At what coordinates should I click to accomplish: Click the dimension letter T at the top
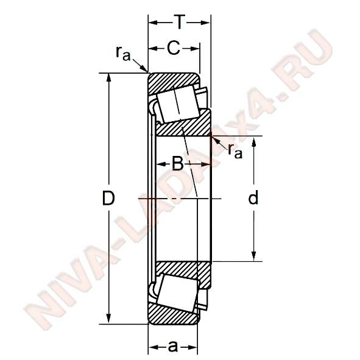179,22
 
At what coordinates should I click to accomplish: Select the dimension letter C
174,48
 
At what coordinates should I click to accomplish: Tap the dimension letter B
178,164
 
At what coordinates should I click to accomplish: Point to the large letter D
108,198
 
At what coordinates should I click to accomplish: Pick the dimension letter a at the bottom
173,347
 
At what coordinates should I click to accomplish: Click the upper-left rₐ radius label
123,53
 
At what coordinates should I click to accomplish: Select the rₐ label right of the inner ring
235,151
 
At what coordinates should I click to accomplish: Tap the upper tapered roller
178,105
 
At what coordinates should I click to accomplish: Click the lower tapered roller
177,293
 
